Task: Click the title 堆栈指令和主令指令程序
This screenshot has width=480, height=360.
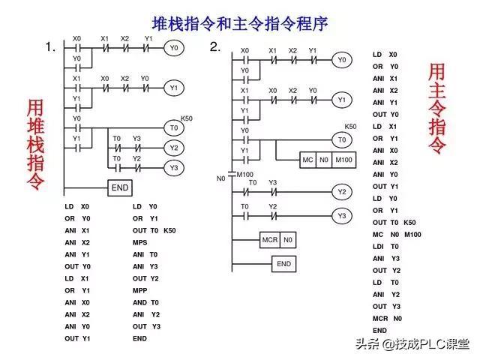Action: (x=239, y=23)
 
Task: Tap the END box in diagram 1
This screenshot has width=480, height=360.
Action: (x=120, y=187)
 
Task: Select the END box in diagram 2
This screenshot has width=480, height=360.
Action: (x=283, y=264)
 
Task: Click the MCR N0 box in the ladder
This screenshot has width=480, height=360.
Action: (x=277, y=240)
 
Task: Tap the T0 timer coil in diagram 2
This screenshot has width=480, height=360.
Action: (x=341, y=140)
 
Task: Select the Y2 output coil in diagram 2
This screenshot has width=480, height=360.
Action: (x=341, y=192)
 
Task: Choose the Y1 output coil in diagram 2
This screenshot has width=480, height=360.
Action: (x=341, y=99)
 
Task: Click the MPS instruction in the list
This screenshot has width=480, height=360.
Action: (x=140, y=242)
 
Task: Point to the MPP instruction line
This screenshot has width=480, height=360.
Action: (x=140, y=290)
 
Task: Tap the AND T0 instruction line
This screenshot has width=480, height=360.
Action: (x=145, y=302)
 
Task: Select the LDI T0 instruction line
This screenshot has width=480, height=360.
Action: (x=385, y=246)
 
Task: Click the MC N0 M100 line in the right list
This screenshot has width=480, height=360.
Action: (x=397, y=234)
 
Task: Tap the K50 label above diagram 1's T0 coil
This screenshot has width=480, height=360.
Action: (x=187, y=118)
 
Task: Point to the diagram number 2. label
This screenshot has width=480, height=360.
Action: (x=215, y=47)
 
